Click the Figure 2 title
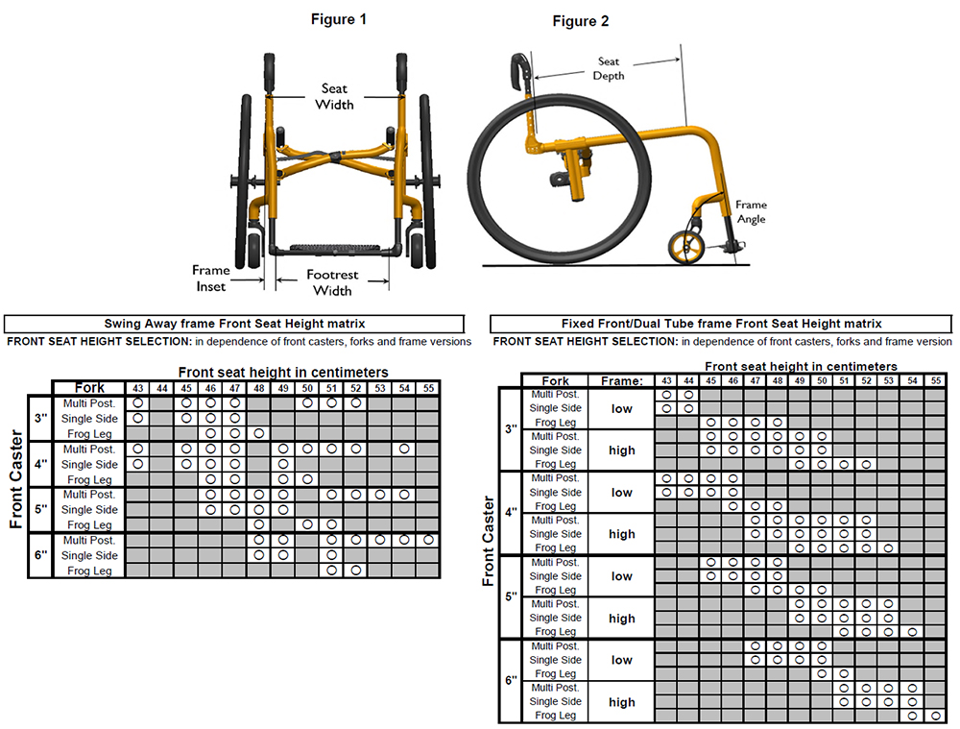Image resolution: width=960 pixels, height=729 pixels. [x=580, y=21]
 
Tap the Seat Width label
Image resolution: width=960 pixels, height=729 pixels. [x=335, y=96]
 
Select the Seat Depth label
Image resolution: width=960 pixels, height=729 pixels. [x=608, y=68]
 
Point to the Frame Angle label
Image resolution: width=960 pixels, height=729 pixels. [x=751, y=211]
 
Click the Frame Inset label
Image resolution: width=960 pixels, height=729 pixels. [x=210, y=278]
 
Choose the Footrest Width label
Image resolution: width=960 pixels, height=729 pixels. [x=333, y=282]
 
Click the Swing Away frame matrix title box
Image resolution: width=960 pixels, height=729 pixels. [x=234, y=324]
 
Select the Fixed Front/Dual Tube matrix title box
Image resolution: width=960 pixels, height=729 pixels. [x=721, y=324]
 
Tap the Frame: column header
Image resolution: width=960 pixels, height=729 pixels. [x=621, y=381]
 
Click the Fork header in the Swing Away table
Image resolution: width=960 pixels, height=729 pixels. [x=89, y=388]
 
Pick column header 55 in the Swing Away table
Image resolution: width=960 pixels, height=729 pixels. [x=428, y=388]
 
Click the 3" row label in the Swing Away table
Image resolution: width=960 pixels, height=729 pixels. [x=39, y=419]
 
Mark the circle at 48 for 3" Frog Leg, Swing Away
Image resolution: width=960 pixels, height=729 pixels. [x=259, y=434]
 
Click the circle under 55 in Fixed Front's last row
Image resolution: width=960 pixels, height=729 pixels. [x=934, y=716]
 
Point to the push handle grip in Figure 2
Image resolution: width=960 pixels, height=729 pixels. [x=520, y=69]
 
